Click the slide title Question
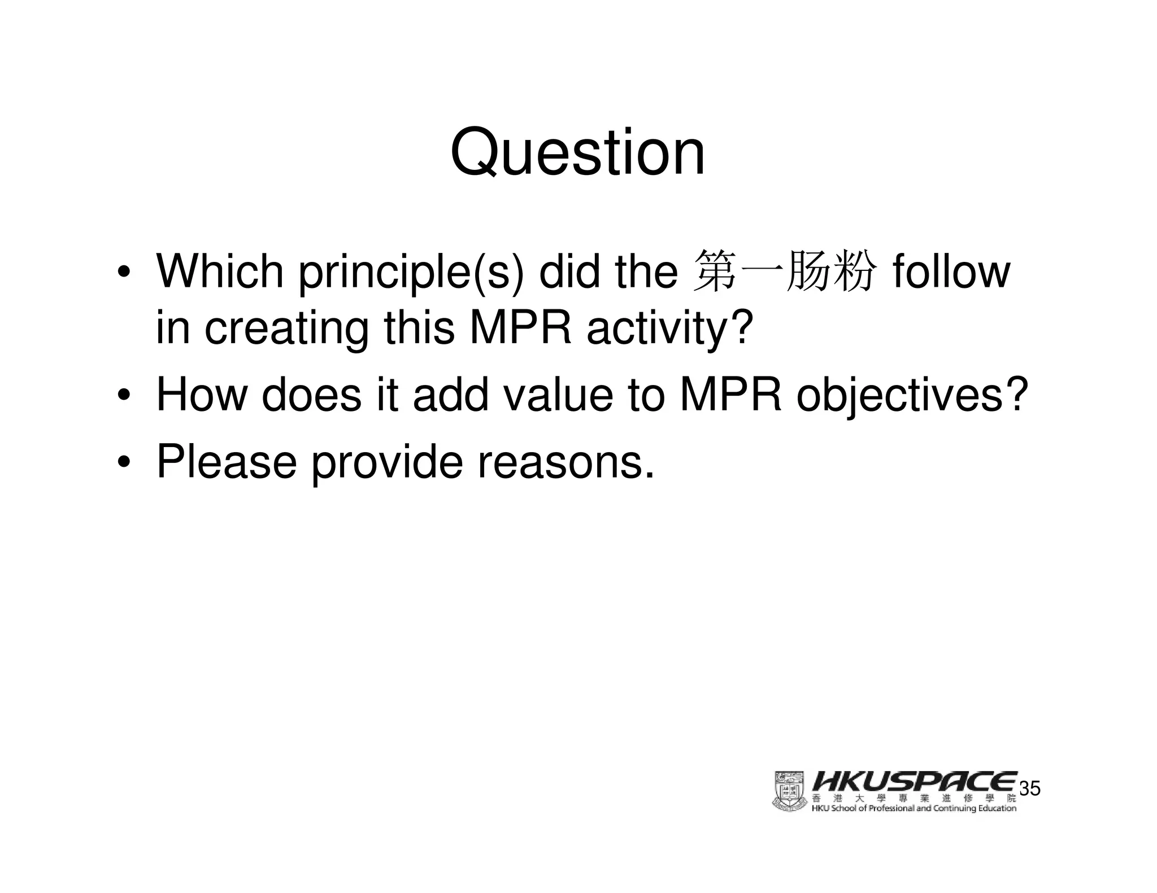577,152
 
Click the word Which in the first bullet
220,272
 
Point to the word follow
951,272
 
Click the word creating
286,329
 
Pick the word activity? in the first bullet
670,329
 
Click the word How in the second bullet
202,395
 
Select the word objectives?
911,396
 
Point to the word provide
387,461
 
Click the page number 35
1029,789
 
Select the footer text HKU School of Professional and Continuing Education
914,808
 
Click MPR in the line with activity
520,329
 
